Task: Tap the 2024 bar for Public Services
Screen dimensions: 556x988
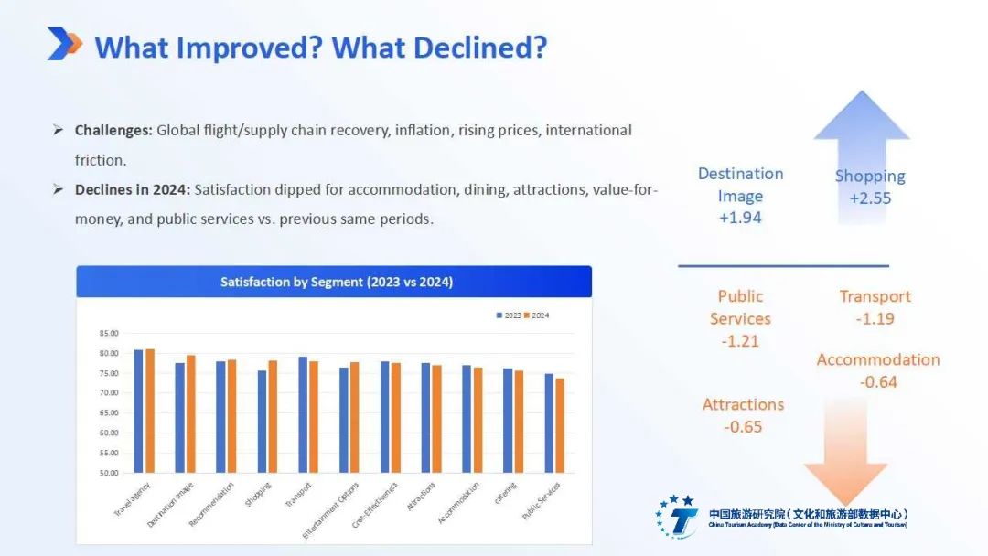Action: pyautogui.click(x=559, y=425)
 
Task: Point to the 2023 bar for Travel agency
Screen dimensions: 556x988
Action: pyautogui.click(x=139, y=411)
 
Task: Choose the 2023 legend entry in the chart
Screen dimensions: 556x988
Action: pyautogui.click(x=509, y=315)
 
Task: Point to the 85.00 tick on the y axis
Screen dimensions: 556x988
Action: pyautogui.click(x=109, y=333)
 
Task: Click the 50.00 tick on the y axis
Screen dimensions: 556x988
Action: pyautogui.click(x=109, y=473)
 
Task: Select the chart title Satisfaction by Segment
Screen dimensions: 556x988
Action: pyautogui.click(x=336, y=283)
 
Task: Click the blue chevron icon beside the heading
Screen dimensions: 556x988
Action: pyautogui.click(x=64, y=44)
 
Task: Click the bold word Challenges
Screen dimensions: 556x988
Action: pyautogui.click(x=113, y=131)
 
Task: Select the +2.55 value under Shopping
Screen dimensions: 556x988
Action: pyautogui.click(x=869, y=198)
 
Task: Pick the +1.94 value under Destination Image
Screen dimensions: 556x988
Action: pyautogui.click(x=740, y=218)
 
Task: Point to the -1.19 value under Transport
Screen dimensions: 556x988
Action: pyautogui.click(x=875, y=319)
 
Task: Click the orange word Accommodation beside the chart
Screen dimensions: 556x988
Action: pyautogui.click(x=877, y=359)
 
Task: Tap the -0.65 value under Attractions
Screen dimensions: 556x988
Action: pyautogui.click(x=742, y=427)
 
